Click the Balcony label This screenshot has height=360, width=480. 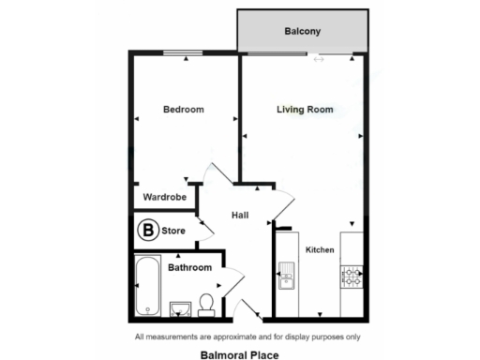point(302,32)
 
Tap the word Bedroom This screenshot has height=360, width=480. point(184,110)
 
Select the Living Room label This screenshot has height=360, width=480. point(305,110)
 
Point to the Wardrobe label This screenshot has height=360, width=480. point(164,198)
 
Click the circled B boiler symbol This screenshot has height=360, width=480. point(147,228)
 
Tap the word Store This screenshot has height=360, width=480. point(173,229)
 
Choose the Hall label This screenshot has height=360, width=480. point(239,216)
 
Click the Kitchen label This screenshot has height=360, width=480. point(320,249)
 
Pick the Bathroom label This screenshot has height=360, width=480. point(189,267)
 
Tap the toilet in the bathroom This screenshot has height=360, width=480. point(208,302)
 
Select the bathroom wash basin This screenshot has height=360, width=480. point(181,307)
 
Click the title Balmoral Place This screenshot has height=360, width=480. point(239,355)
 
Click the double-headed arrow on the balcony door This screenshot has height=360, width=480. point(319,60)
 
